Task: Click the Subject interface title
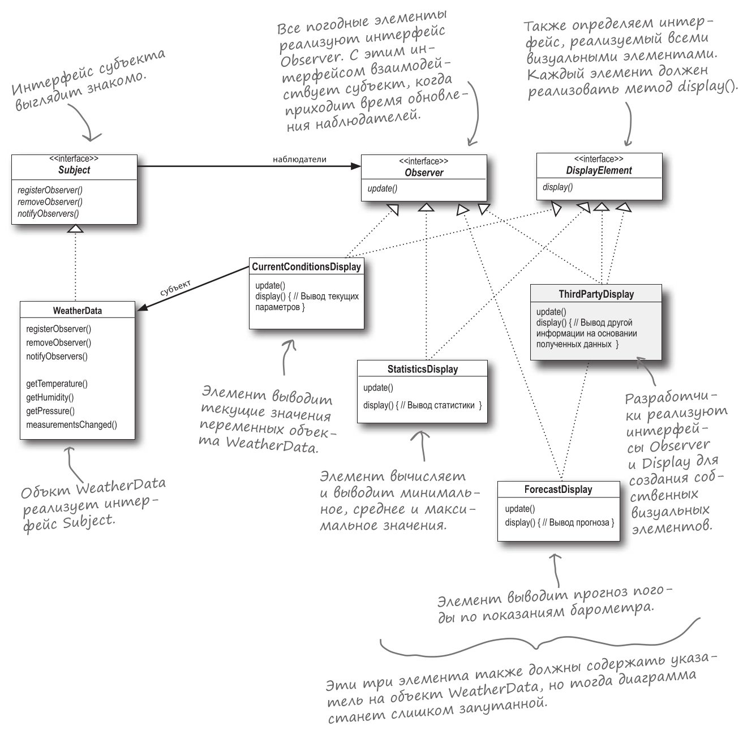(74, 170)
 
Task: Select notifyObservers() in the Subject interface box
(48, 214)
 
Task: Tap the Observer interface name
(424, 173)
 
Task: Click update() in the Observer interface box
(383, 188)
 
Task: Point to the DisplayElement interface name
(599, 170)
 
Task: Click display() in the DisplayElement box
(557, 187)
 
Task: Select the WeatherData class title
(78, 311)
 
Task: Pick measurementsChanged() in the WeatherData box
(71, 425)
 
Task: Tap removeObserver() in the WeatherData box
(58, 342)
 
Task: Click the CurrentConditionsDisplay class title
(306, 267)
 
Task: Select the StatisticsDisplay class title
(422, 369)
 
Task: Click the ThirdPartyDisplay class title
(596, 294)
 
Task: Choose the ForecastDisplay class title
(558, 489)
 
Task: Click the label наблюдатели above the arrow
(299, 159)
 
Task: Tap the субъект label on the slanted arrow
(175, 287)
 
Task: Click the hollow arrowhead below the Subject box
(75, 229)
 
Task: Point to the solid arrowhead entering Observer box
(355, 166)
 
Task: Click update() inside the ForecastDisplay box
(519, 509)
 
